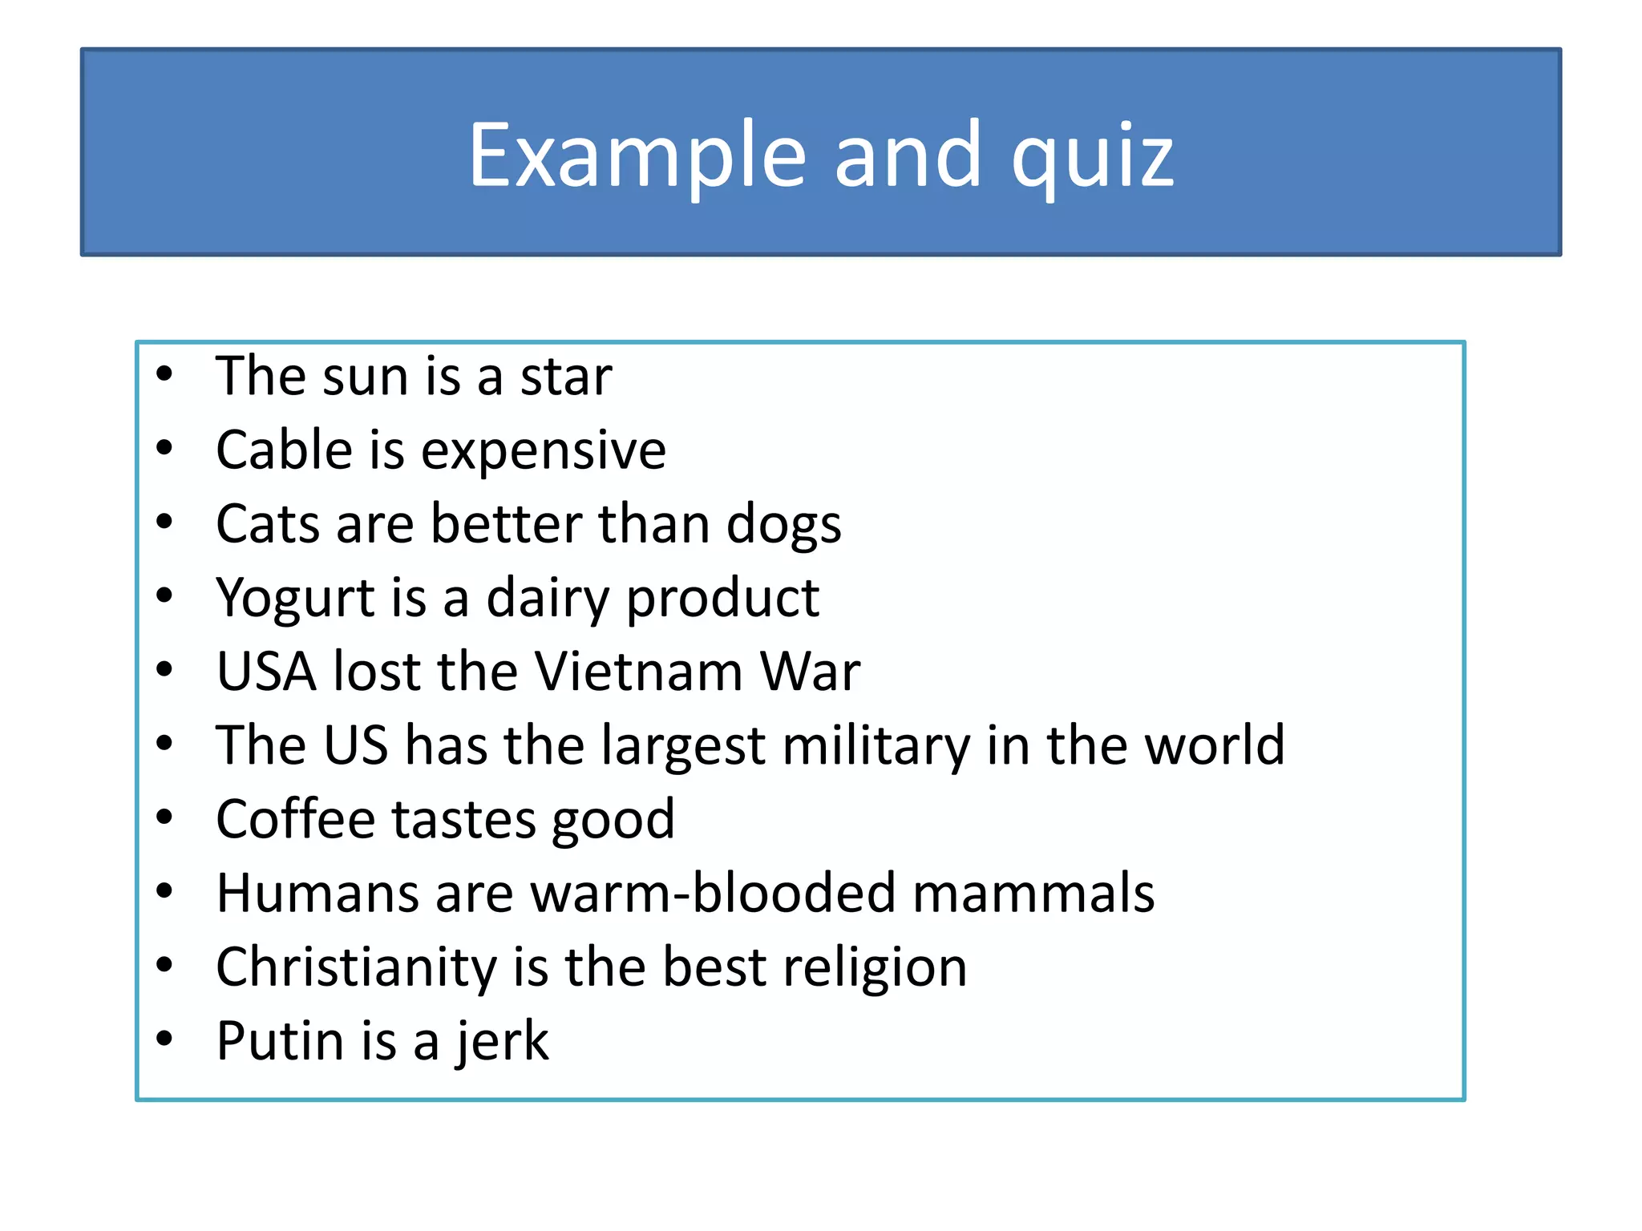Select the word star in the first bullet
coord(566,376)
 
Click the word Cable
coord(284,450)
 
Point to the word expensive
coord(544,451)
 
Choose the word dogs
coord(783,525)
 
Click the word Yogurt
coord(295,599)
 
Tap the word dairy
coord(548,599)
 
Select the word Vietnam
coord(639,671)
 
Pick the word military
coord(876,746)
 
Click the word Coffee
coord(295,819)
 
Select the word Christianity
coord(356,967)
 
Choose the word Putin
coord(281,1041)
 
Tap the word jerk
coord(502,1042)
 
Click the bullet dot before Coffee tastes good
coord(165,817)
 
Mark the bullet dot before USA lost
coord(165,669)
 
